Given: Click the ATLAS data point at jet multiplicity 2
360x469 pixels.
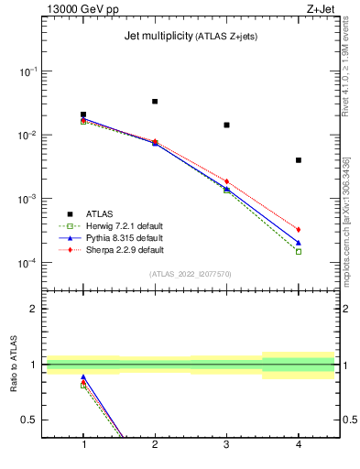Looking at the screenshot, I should (155, 102).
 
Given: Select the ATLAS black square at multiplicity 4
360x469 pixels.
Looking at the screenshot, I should (299, 160).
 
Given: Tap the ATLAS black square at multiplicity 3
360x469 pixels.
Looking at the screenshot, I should (226, 125).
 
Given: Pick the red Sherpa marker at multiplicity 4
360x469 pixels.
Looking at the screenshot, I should (299, 229).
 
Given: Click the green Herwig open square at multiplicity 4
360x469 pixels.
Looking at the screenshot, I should (299, 251).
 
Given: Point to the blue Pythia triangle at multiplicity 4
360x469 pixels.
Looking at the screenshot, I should (299, 243).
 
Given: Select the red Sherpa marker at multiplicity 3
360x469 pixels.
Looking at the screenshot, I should (226, 181).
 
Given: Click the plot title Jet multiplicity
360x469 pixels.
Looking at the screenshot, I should (157, 37).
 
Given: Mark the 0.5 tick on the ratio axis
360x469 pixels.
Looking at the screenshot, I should (31, 420).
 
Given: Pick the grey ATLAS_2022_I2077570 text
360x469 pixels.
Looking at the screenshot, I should (191, 273).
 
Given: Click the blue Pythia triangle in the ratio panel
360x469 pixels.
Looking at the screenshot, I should (83, 377).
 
